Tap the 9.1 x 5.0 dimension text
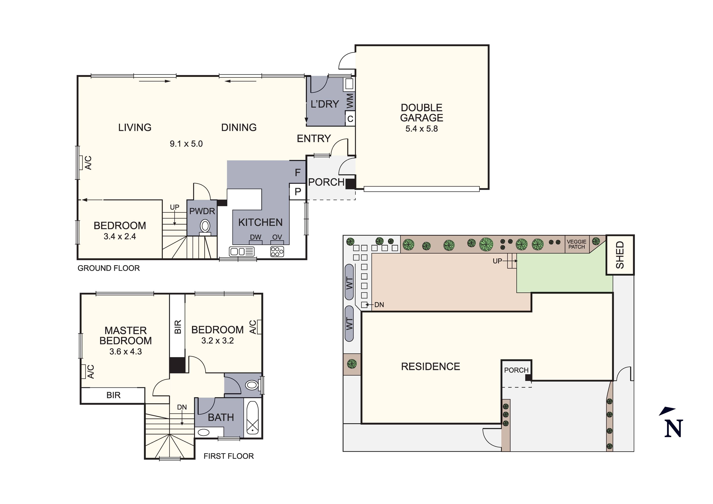click(x=186, y=144)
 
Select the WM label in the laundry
click(x=350, y=101)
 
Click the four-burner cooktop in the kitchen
click(x=277, y=251)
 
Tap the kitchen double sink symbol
click(x=242, y=251)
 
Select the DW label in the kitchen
click(x=256, y=237)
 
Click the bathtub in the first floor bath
click(x=253, y=418)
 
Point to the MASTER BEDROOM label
click(x=125, y=336)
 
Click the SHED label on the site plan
click(x=620, y=255)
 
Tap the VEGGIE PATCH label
click(x=577, y=244)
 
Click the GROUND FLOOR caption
click(x=109, y=268)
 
